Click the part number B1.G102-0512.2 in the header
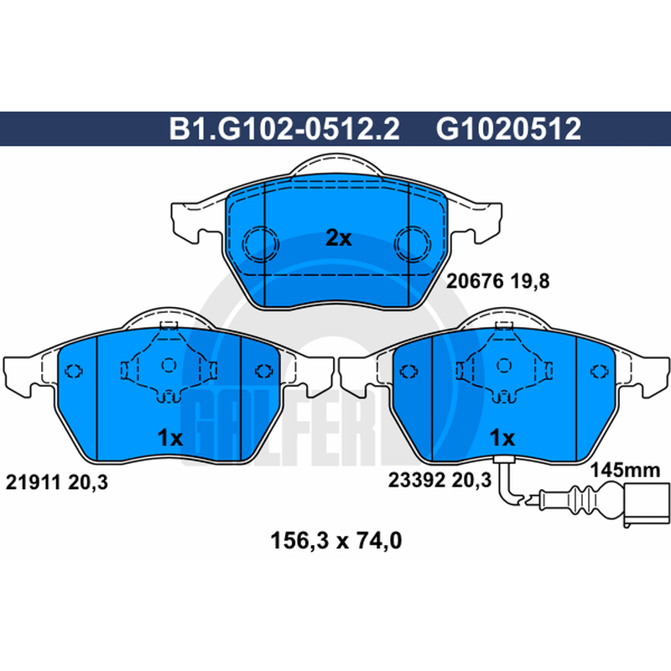point(284,128)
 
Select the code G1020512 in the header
point(508,128)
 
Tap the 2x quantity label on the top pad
point(339,238)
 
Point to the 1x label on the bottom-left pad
point(170,437)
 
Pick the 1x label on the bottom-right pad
point(502,437)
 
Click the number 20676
point(475,281)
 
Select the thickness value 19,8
point(530,281)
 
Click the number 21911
point(33,482)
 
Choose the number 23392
point(417,480)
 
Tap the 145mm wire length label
point(625,471)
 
